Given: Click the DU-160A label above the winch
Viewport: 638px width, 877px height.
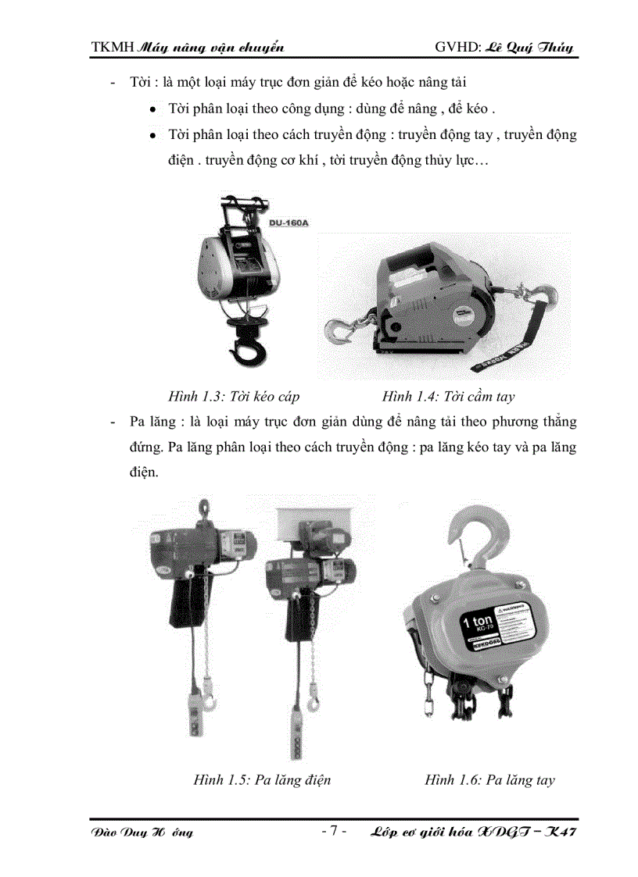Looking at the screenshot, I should click(289, 223).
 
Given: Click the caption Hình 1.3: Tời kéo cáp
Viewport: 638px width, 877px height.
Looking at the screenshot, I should click(233, 396).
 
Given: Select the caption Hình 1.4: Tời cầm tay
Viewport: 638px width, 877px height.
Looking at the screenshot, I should click(448, 396).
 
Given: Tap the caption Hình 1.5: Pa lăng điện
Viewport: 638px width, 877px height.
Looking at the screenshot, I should click(262, 779).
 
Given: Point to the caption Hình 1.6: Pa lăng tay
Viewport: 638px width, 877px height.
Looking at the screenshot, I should click(489, 779).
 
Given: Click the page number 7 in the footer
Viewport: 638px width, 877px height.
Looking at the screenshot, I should click(333, 830).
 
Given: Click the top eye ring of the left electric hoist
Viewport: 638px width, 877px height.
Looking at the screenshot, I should click(205, 507).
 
